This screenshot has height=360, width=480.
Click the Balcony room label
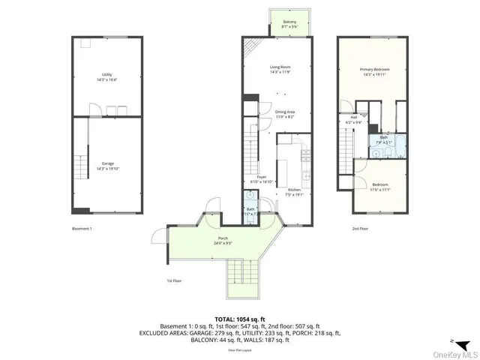[289, 22]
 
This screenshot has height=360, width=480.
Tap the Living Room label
[280, 67]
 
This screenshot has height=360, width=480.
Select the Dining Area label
[283, 112]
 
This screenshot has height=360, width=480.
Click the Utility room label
[107, 74]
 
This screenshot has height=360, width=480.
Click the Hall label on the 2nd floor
[352, 117]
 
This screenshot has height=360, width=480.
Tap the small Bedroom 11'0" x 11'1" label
[381, 187]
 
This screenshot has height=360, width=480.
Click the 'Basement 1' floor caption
[82, 228]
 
